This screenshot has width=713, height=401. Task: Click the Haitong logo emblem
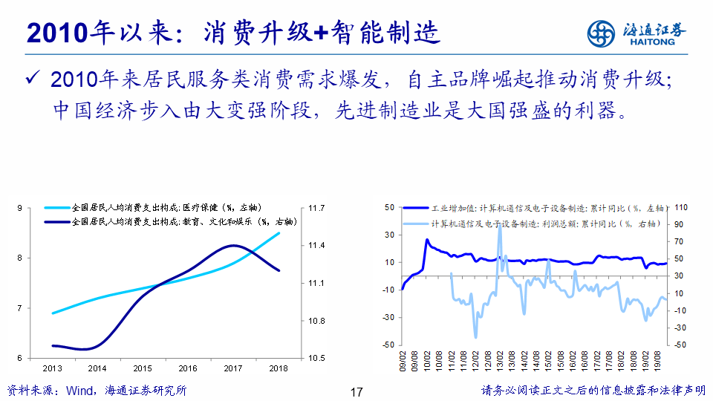point(602,33)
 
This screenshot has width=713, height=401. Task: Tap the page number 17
point(356,391)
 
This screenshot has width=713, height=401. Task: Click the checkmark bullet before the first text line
point(30,78)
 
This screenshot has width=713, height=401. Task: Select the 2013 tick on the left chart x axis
point(52,368)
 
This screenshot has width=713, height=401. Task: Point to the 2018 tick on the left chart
point(279,368)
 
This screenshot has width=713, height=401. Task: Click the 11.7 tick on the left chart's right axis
point(317,208)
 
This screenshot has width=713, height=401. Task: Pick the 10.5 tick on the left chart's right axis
point(317,358)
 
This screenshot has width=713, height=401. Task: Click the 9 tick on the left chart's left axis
point(19,208)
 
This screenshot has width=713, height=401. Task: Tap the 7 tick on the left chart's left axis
point(19,308)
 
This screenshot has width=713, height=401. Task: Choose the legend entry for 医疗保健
point(167,208)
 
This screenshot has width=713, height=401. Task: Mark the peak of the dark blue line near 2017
point(234,246)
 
